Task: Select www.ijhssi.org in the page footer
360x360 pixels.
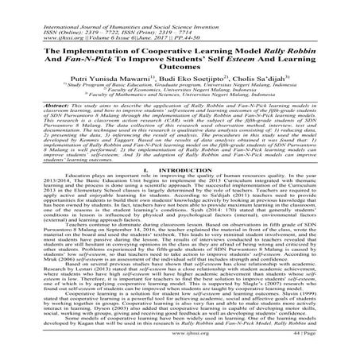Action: [180, 348]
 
